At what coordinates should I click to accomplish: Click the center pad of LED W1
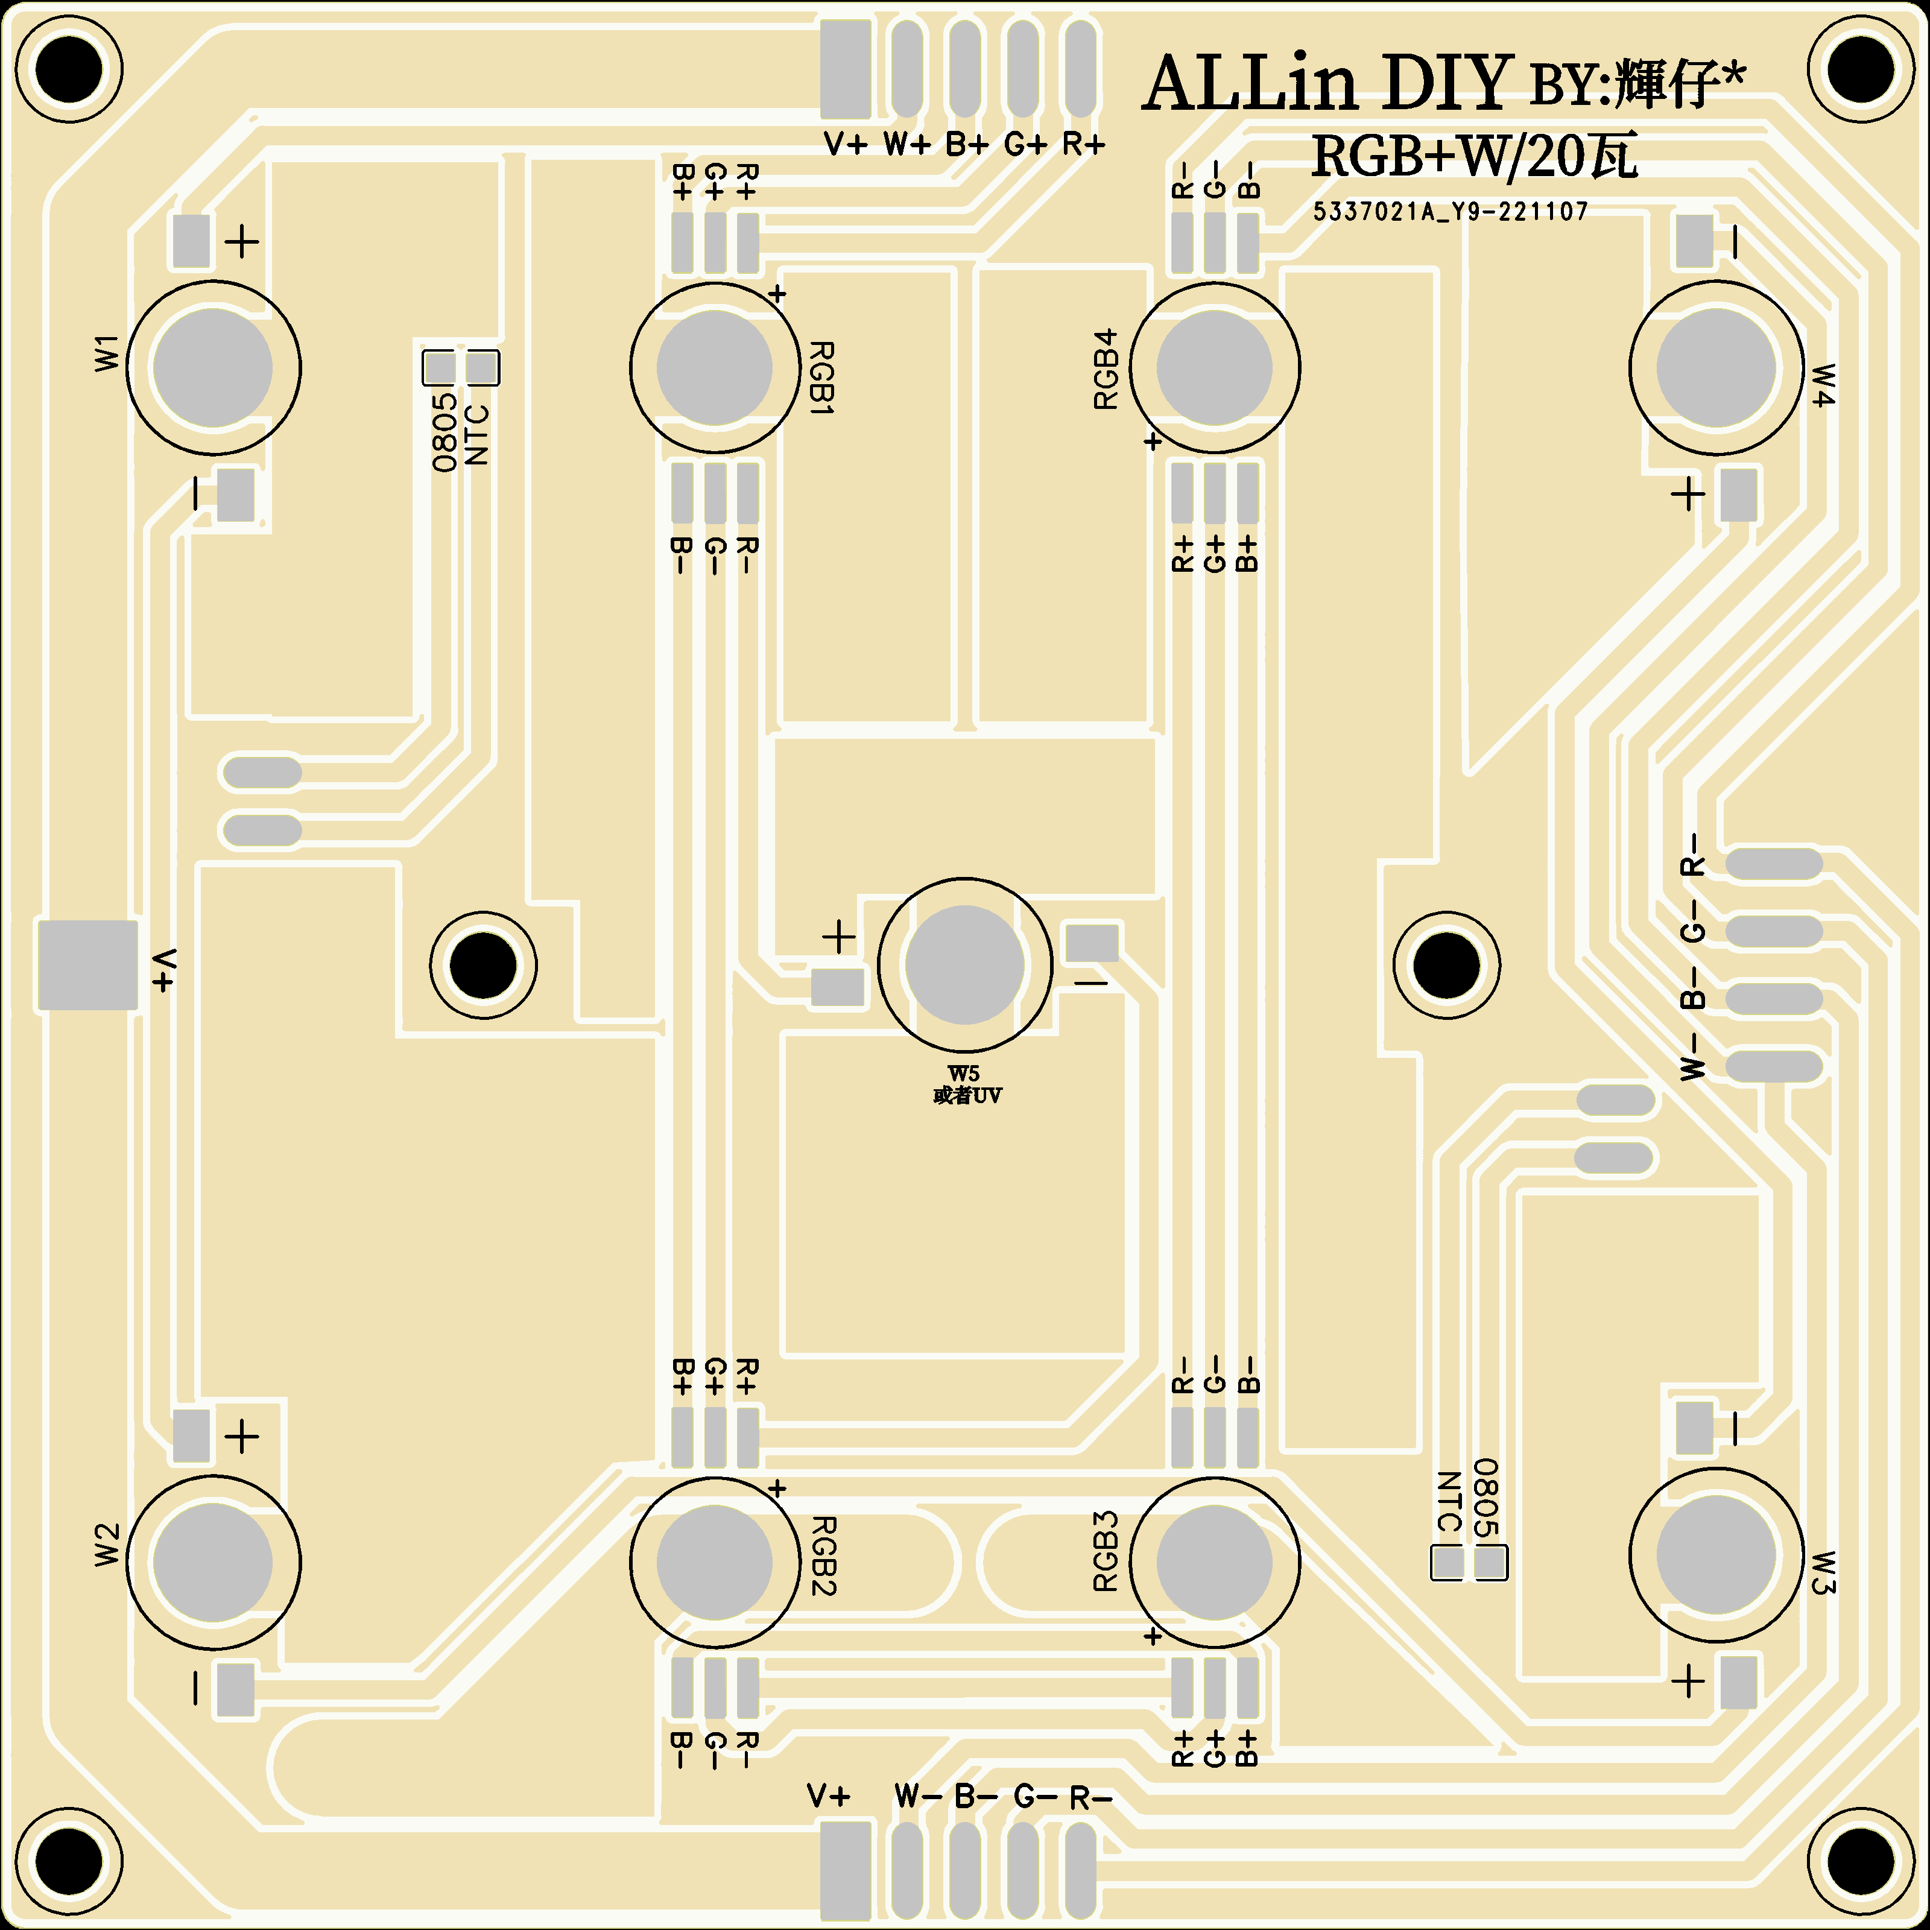[x=213, y=368]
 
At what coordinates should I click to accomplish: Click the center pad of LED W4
[x=1716, y=368]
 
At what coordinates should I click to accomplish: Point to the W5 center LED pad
[x=965, y=965]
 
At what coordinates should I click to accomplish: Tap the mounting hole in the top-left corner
[x=68, y=69]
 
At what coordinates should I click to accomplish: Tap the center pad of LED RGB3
[x=1215, y=1562]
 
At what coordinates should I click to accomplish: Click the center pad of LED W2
[x=213, y=1562]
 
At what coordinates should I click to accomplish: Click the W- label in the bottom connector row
[x=917, y=1796]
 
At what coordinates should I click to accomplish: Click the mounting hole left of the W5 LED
[x=484, y=965]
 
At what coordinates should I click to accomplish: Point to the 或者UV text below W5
[x=967, y=1096]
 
